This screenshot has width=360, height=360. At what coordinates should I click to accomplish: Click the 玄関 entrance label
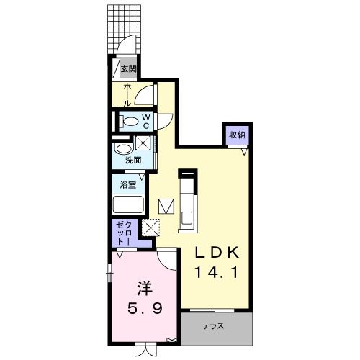click(x=128, y=70)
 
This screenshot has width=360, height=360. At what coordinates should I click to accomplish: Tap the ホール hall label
click(x=127, y=95)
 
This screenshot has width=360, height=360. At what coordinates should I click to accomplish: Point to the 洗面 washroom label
click(x=132, y=160)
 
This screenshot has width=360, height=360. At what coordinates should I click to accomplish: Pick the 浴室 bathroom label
click(x=127, y=185)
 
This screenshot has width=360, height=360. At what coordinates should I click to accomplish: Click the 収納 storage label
click(x=237, y=135)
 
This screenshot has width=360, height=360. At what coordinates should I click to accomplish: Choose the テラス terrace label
click(x=213, y=326)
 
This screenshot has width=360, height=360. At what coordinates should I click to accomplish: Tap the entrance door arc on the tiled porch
click(x=127, y=45)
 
